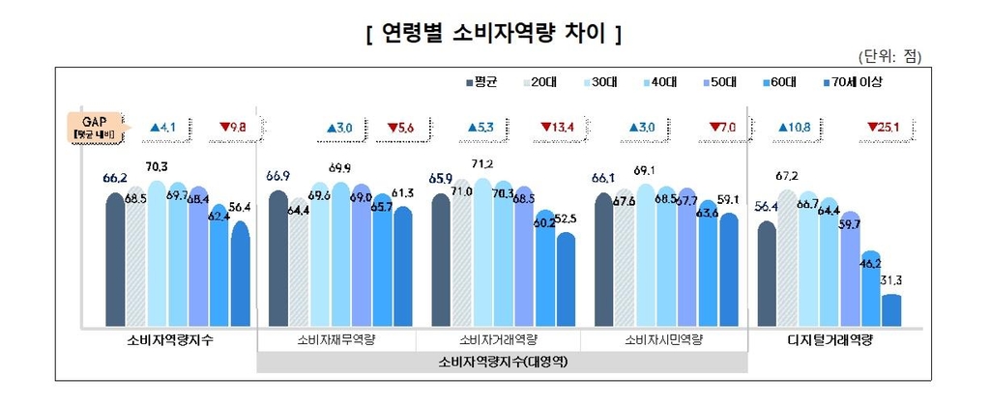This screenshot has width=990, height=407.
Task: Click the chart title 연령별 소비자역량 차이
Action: [493, 35]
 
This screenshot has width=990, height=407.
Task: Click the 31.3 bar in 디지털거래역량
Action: [891, 310]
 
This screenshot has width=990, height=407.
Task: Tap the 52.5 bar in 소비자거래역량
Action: [566, 279]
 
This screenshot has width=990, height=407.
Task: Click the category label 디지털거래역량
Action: [829, 341]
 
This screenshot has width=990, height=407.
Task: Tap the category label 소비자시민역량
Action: [663, 341]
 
